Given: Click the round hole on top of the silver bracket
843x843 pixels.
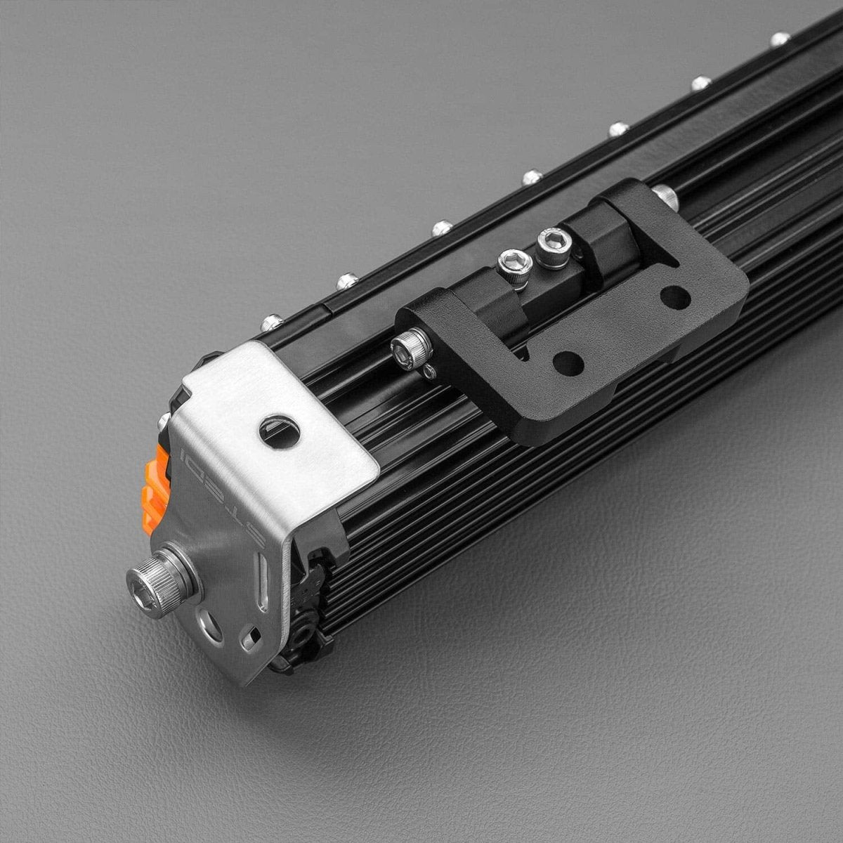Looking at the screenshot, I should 280,432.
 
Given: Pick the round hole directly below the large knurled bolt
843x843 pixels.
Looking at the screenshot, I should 209,623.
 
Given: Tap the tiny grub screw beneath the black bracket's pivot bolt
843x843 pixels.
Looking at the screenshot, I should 429,372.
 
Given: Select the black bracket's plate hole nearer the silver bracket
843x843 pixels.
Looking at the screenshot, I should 568,362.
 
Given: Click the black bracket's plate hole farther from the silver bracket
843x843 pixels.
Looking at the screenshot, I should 675,297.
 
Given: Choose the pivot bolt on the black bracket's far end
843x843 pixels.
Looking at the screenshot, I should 664,197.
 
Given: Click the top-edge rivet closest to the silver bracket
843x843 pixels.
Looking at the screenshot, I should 273,322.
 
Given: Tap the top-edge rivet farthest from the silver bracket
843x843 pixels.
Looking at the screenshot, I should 780,39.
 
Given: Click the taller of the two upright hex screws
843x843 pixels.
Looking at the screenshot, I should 554,247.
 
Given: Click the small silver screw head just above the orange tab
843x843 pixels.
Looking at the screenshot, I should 164,421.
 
